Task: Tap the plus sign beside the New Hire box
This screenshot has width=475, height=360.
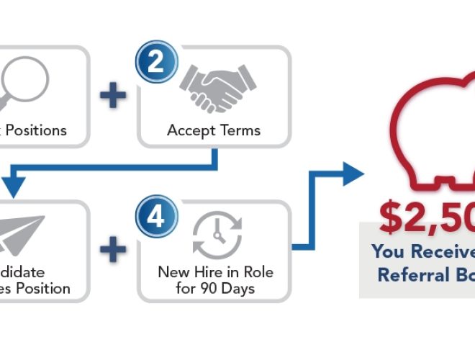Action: tap(112, 251)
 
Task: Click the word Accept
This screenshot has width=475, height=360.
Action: tap(187, 130)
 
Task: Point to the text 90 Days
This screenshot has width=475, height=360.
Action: tap(230, 289)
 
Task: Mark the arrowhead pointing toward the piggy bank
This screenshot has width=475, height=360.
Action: tap(353, 174)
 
